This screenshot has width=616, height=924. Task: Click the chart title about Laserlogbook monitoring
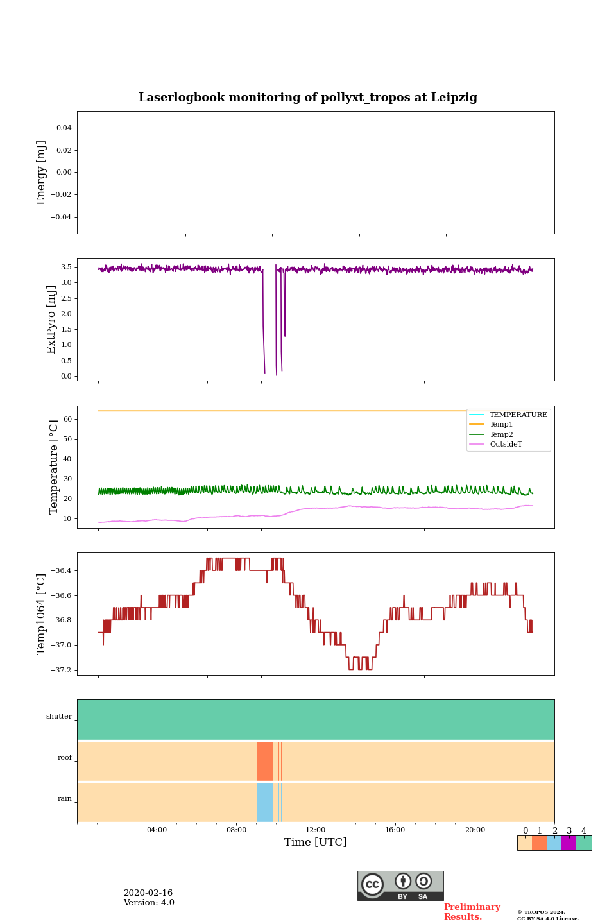tap(308, 98)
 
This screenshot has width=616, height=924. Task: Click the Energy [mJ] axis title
tap(42, 173)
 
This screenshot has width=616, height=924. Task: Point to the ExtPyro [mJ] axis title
tap(52, 320)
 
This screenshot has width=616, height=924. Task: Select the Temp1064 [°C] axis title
tap(42, 614)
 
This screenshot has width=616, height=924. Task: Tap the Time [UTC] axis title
tap(315, 842)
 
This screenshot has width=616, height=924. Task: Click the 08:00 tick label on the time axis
tap(236, 830)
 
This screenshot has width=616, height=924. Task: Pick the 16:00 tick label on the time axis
tap(395, 830)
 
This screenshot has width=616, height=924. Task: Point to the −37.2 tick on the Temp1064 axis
tap(62, 670)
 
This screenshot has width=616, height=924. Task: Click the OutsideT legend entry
tap(506, 444)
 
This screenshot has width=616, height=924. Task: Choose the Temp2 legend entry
tap(501, 434)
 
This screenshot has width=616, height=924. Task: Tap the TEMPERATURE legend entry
tap(518, 415)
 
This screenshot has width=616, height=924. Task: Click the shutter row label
tap(59, 716)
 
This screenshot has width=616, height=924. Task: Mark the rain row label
tap(65, 798)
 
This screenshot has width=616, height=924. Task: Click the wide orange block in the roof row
tap(265, 761)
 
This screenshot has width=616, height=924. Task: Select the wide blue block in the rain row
tap(265, 802)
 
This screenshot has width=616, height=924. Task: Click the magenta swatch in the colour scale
tap(569, 843)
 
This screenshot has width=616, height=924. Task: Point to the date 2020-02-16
tap(148, 893)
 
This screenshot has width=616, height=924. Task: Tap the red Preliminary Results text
tap(472, 912)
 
